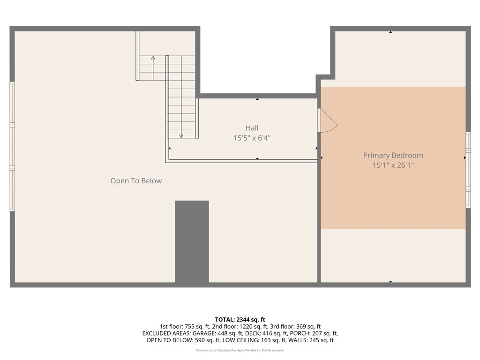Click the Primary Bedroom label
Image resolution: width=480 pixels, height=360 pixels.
pyautogui.click(x=393, y=155)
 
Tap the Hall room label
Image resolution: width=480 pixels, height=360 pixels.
pyautogui.click(x=252, y=128)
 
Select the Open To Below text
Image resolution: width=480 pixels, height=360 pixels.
pyautogui.click(x=136, y=181)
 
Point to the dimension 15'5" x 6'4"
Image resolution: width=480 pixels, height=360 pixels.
pyautogui.click(x=252, y=138)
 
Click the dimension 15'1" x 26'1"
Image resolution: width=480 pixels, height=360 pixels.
pyautogui.click(x=393, y=165)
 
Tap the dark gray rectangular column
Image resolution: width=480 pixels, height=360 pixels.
pyautogui.click(x=192, y=241)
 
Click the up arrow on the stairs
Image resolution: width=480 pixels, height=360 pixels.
pyautogui.click(x=153, y=58)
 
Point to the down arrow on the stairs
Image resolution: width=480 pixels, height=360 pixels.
pyautogui.click(x=181, y=135)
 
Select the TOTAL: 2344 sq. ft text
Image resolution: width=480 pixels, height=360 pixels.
pyautogui.click(x=240, y=319)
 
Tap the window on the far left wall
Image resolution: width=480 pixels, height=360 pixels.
pyautogui.click(x=12, y=146)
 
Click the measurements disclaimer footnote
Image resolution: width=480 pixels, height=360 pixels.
pyautogui.click(x=240, y=350)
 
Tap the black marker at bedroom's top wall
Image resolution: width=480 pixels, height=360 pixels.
pyautogui.click(x=390, y=32)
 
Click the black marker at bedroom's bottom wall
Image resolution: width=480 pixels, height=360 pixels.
pyautogui.click(x=390, y=282)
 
